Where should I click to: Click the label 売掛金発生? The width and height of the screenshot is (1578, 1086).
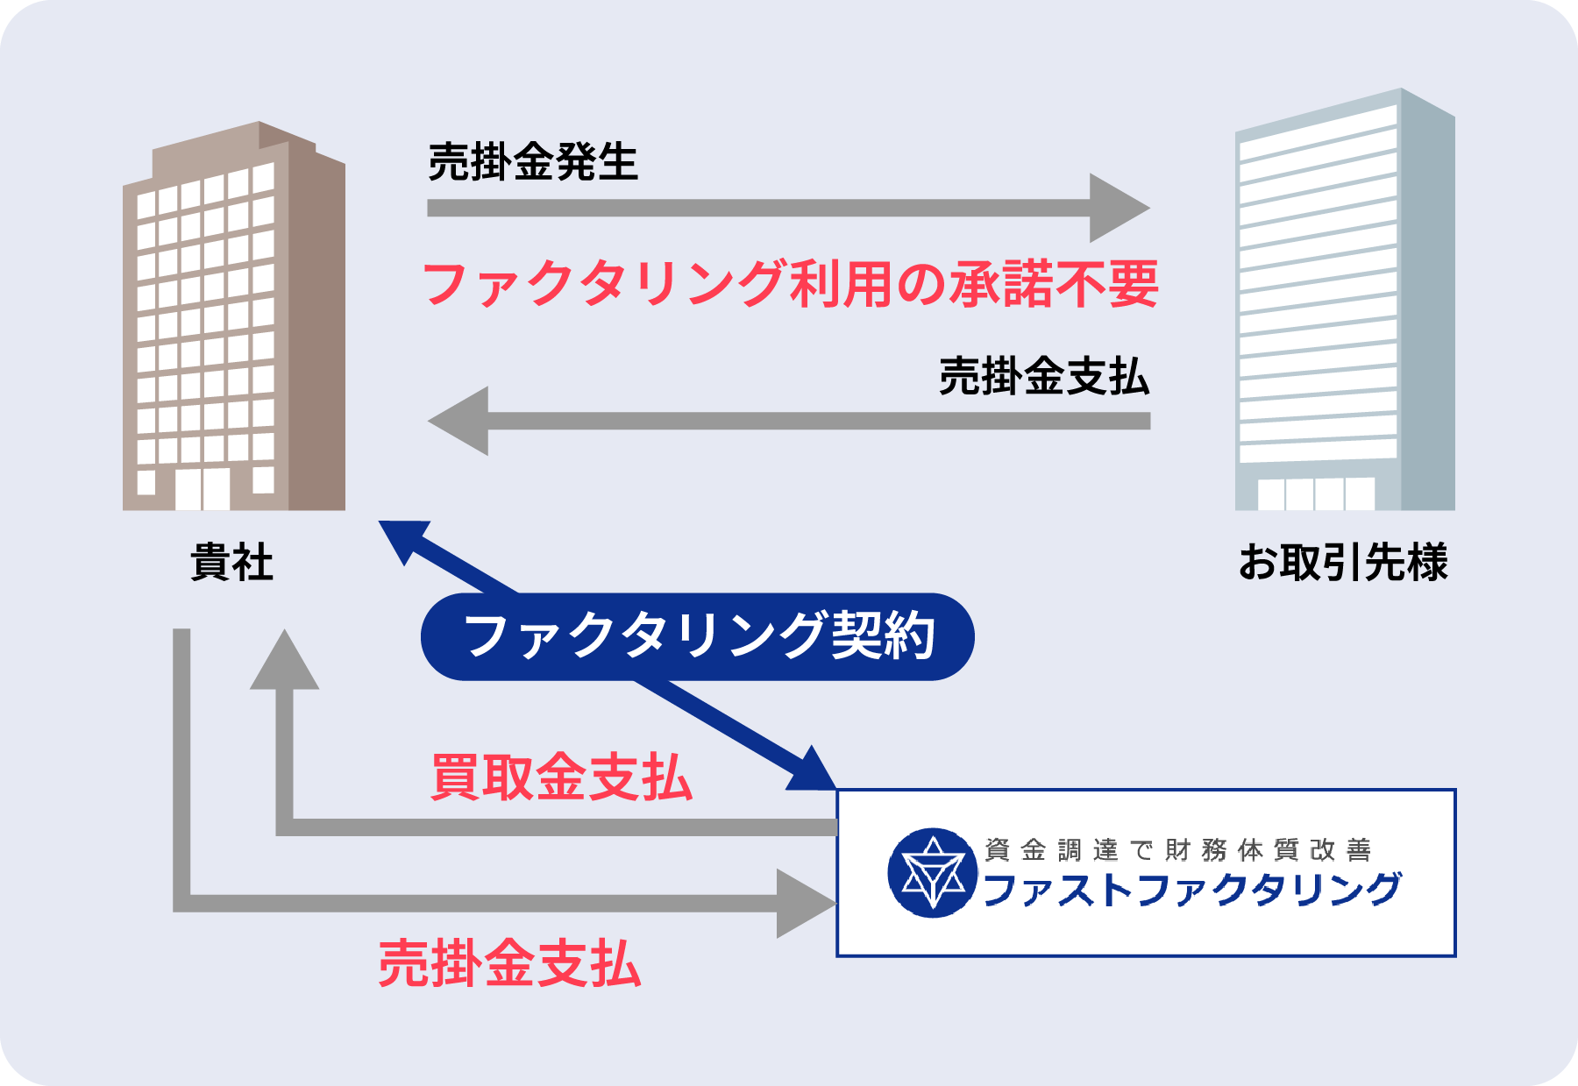pyautogui.click(x=533, y=162)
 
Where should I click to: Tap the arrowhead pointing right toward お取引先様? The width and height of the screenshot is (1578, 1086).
pyautogui.click(x=1118, y=208)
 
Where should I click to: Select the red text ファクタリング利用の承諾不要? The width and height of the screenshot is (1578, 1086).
pyautogui.click(x=791, y=284)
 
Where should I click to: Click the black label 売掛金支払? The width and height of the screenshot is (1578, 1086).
pyautogui.click(x=1044, y=377)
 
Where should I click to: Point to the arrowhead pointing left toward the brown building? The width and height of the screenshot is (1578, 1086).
pyautogui.click(x=459, y=421)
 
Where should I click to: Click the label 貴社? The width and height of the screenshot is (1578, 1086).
pyautogui.click(x=232, y=562)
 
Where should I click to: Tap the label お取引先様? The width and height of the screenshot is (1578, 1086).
pyautogui.click(x=1343, y=562)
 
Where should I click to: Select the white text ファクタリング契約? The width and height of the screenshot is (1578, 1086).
pyautogui.click(x=700, y=635)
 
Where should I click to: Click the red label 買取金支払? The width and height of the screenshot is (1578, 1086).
pyautogui.click(x=562, y=777)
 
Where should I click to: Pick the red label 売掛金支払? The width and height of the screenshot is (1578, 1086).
pyautogui.click(x=509, y=963)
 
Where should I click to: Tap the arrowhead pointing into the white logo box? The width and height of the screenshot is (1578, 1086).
pyautogui.click(x=805, y=903)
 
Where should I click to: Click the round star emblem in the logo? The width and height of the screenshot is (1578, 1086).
pyautogui.click(x=933, y=873)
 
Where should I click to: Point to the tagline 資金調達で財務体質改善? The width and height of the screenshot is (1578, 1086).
pyautogui.click(x=1177, y=849)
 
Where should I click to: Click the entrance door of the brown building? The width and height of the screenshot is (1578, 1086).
pyautogui.click(x=203, y=488)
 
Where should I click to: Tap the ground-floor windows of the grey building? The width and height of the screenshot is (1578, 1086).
pyautogui.click(x=1316, y=493)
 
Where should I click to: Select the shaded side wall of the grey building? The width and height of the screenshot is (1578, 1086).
pyautogui.click(x=1427, y=307)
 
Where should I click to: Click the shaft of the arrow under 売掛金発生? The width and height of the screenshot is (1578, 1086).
pyautogui.click(x=754, y=208)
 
